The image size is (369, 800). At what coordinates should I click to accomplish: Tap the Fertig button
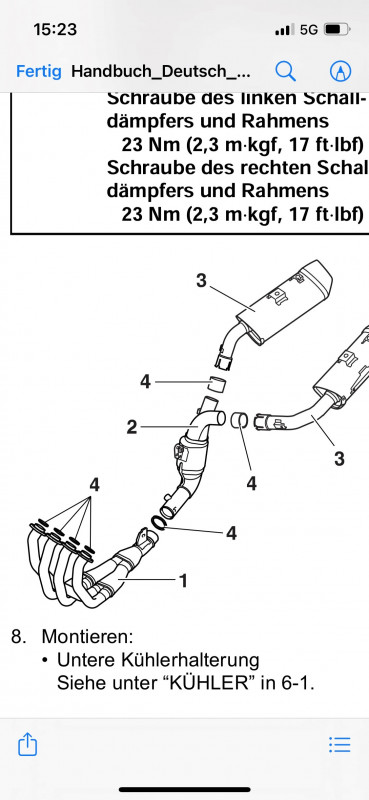point(39,71)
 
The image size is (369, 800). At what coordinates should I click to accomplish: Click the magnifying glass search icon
point(285,71)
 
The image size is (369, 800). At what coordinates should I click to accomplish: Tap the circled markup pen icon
point(340,71)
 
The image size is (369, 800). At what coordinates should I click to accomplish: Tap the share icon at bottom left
point(28,744)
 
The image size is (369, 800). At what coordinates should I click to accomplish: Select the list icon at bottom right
point(339,745)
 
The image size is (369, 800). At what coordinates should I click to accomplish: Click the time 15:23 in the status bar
point(55,29)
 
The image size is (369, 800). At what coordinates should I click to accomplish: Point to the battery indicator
point(337,30)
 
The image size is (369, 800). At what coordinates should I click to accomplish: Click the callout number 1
point(183,580)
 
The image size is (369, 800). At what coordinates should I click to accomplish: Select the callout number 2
point(132,427)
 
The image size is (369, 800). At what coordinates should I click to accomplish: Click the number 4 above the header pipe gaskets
point(94,485)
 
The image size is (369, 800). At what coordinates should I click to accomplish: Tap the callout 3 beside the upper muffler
point(202,280)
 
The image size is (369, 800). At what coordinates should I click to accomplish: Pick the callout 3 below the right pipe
point(339,459)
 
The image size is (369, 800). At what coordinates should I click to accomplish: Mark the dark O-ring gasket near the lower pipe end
point(158,523)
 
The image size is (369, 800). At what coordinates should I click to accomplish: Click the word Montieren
point(87,636)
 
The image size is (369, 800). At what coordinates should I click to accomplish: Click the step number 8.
point(18,637)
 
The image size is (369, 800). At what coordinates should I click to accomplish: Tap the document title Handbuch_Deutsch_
point(161,71)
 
